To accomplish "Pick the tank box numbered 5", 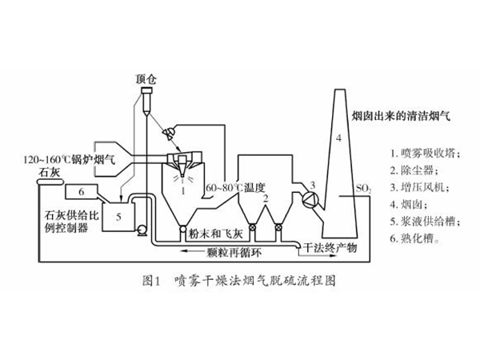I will [118, 215].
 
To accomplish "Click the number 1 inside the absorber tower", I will [184, 190].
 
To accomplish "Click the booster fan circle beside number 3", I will [302, 197].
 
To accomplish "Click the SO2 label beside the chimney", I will [363, 189].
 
